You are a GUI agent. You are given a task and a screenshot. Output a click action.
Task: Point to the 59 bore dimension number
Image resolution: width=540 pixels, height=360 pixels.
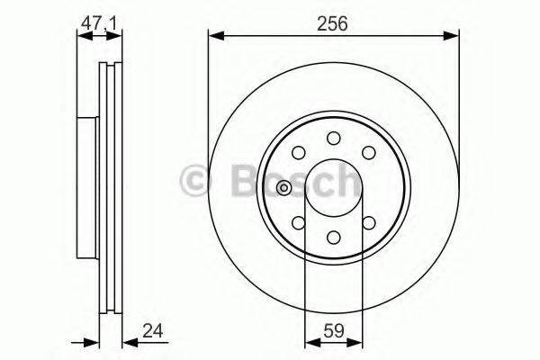pos(334,329)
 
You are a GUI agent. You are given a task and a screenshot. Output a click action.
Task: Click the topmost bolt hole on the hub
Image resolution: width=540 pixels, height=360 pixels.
pos(334,138)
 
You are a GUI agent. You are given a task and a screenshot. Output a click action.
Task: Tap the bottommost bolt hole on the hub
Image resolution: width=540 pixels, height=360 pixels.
pos(334,238)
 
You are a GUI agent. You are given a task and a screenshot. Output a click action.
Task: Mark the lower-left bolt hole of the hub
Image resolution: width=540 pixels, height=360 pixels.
pos(298,221)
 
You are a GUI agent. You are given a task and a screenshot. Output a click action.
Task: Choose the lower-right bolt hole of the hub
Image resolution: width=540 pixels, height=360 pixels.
pos(369,221)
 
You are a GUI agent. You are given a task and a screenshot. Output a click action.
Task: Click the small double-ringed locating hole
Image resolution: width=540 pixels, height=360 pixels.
pos(284,188)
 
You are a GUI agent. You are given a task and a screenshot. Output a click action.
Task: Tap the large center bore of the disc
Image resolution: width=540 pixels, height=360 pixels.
pos(334,188)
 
